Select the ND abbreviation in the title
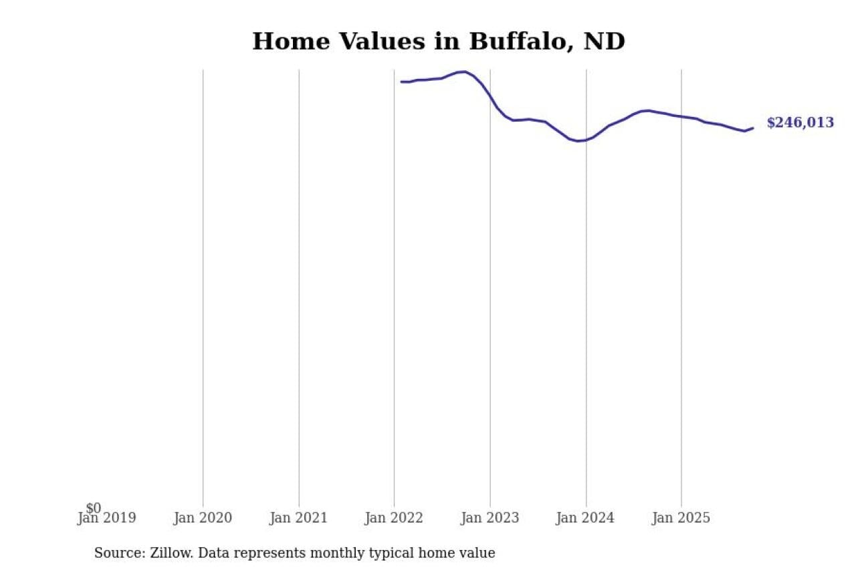click(x=604, y=41)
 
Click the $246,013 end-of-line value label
click(x=800, y=123)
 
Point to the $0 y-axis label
click(x=94, y=509)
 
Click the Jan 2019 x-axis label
click(x=106, y=518)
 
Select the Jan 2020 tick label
click(x=203, y=518)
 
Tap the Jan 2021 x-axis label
click(x=298, y=518)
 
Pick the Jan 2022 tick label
click(x=394, y=518)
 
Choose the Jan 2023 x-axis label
click(x=490, y=518)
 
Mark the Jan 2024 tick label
click(x=586, y=518)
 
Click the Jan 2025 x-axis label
click(x=681, y=518)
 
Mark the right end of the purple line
click(x=753, y=128)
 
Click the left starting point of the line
click(x=401, y=82)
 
